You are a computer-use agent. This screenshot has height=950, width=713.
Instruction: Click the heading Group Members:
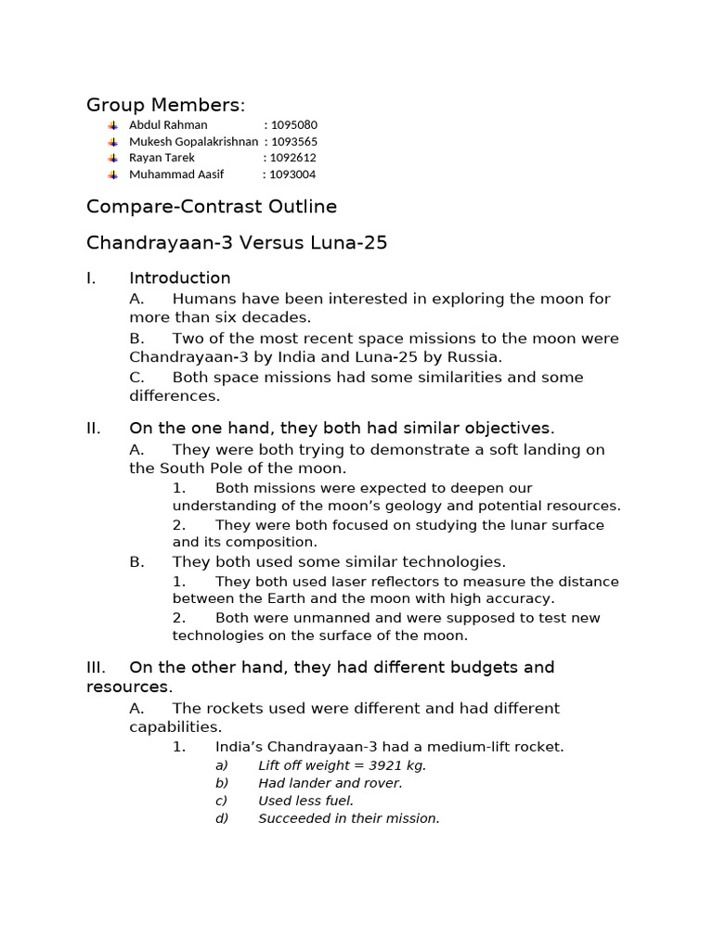coord(165,105)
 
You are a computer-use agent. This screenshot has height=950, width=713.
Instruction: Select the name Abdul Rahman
coord(168,124)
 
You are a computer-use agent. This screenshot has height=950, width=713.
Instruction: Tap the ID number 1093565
coord(293,141)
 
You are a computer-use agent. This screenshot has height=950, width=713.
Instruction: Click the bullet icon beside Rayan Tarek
coord(112,158)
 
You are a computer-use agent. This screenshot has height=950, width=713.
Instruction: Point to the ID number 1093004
coord(292,174)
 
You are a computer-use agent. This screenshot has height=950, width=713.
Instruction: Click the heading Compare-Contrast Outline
coord(212,206)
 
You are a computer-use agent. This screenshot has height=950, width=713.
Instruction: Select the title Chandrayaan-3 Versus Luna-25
coord(237,243)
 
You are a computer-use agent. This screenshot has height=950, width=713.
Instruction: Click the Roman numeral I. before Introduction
coord(91,278)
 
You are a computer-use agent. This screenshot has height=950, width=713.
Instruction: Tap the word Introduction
coord(179,278)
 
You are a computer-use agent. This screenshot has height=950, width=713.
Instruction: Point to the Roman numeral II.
coord(93,429)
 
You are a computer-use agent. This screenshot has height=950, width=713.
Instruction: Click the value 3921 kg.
coord(396,765)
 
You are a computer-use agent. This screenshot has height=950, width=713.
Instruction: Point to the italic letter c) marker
coord(221,801)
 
